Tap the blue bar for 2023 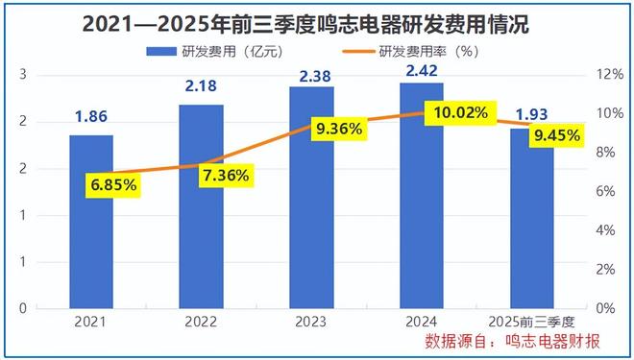click(x=311, y=230)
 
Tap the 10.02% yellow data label click(x=461, y=113)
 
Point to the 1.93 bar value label click(x=532, y=114)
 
